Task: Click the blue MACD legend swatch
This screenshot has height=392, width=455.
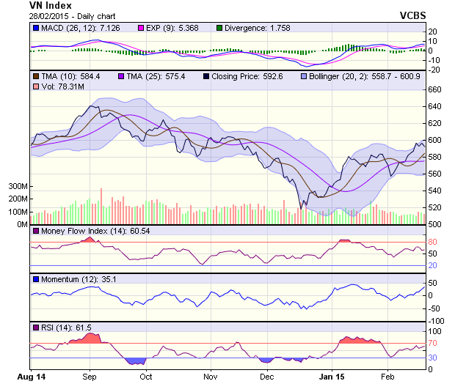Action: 35,28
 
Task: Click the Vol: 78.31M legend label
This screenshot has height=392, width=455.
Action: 62,86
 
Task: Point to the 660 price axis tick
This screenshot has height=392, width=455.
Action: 435,89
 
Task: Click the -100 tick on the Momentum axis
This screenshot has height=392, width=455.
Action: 437,321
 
